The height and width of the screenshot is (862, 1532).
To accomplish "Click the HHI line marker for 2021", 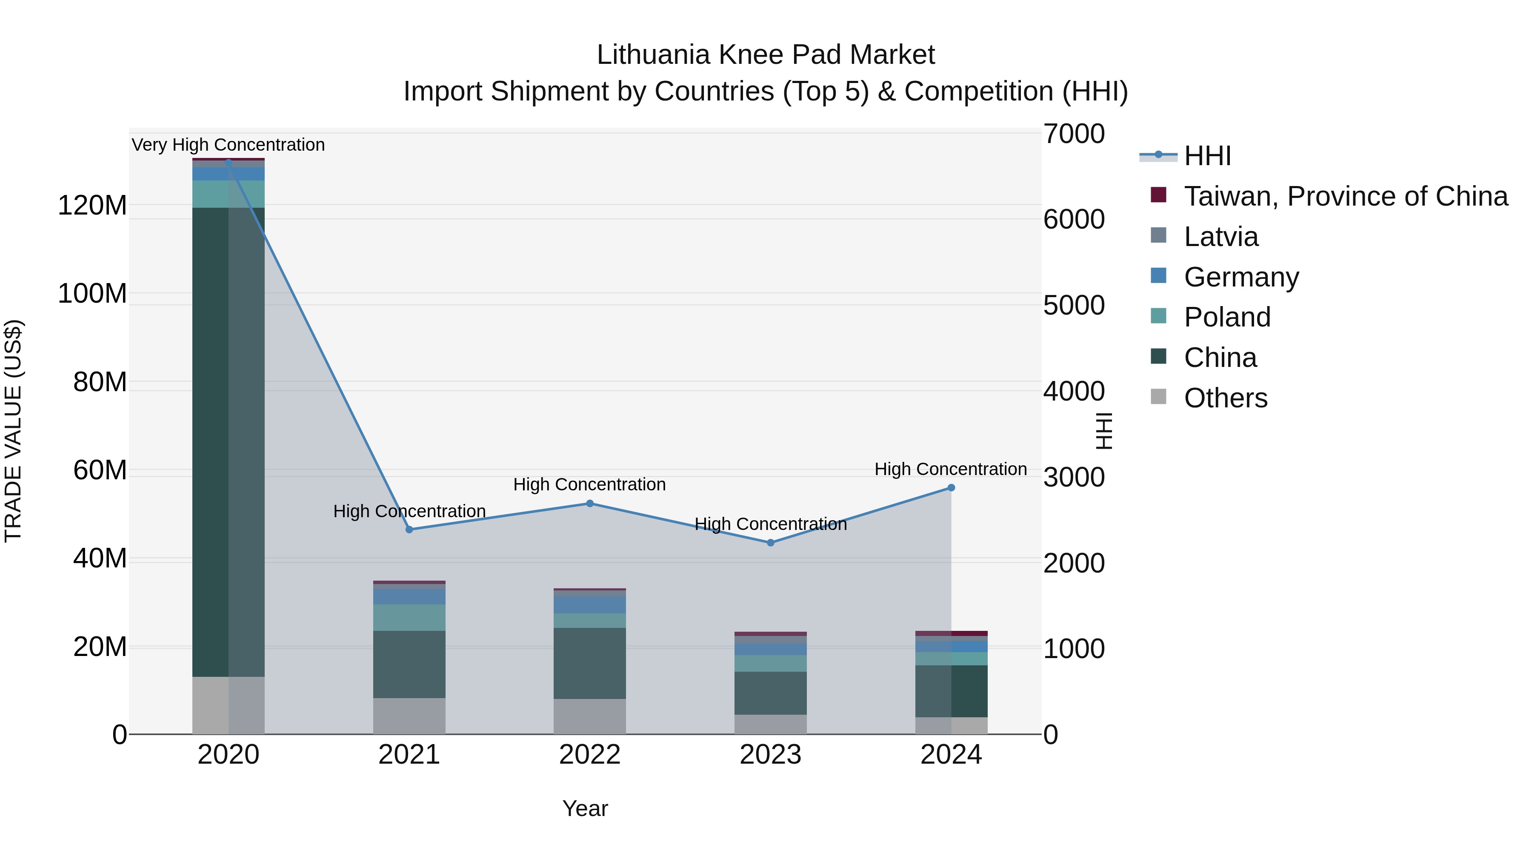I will point(409,530).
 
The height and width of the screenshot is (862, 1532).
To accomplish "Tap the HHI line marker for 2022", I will point(590,503).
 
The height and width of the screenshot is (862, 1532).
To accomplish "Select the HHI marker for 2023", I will point(770,543).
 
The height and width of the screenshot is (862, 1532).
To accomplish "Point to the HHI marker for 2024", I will point(951,488).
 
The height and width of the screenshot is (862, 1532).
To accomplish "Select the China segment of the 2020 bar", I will point(229,441).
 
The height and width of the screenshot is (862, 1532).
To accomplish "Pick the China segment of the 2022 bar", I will point(589,663).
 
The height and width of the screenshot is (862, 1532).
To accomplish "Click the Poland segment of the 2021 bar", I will point(409,618).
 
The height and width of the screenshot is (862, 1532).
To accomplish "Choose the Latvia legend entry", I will point(1220,237).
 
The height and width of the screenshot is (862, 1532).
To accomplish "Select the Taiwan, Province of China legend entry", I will point(1345,196).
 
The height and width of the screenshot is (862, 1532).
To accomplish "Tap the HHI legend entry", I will point(1207,156).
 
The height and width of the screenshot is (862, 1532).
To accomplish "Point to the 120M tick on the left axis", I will point(92,206).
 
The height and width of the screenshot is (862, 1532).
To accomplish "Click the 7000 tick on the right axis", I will point(1074,134).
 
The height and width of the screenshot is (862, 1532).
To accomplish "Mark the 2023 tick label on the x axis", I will point(770,755).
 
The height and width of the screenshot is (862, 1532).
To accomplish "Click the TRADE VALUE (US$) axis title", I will point(13,431).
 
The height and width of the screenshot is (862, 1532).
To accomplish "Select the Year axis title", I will point(585,808).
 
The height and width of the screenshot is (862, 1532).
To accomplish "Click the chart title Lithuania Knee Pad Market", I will point(766,55).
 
